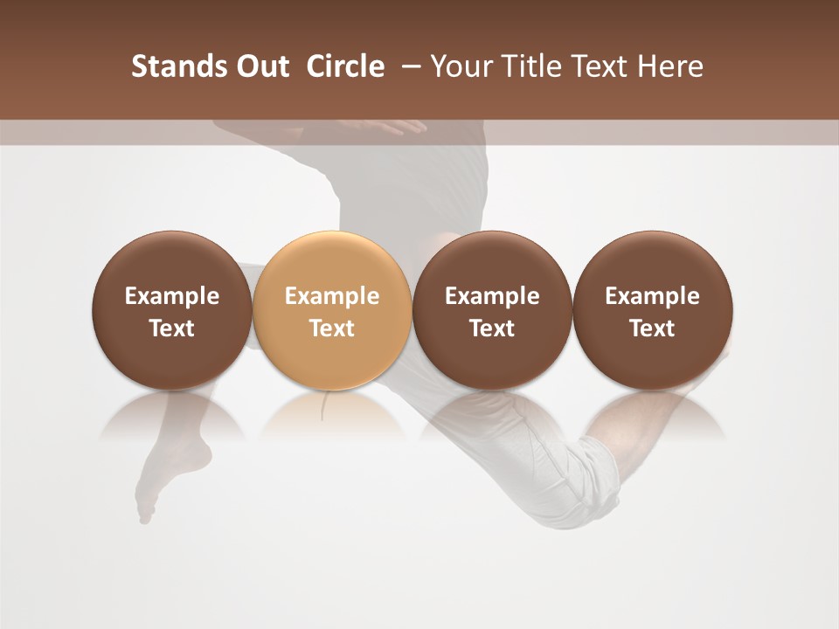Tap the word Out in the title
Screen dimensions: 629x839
pos(260,66)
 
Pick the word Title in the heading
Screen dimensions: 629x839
pos(530,66)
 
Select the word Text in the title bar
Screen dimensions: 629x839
pos(598,66)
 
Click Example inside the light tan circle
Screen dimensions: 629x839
pos(332,296)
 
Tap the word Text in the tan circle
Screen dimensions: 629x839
pos(332,328)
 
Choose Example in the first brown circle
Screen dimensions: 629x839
pos(172,296)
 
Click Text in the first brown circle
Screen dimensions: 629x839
pos(172,328)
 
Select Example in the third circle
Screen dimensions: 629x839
pos(492,296)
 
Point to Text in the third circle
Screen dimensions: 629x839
pos(492,328)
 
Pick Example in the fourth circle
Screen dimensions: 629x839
pos(653,296)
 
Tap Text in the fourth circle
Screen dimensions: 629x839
pos(653,328)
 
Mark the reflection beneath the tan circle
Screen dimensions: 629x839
pos(332,415)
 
